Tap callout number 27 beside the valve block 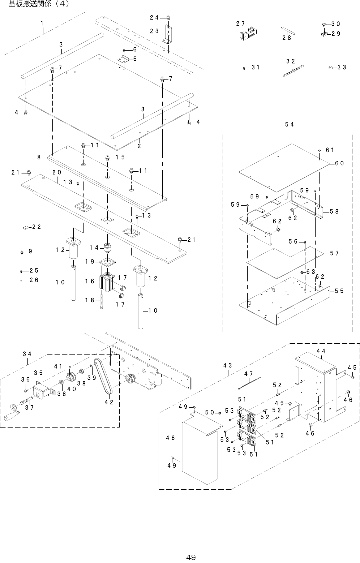(x=241, y=23)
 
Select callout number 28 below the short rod (x=287, y=38)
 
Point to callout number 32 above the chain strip (x=291, y=61)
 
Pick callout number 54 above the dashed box (x=289, y=124)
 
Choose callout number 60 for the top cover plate (x=339, y=163)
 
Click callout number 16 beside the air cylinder (x=90, y=281)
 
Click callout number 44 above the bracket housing (x=321, y=351)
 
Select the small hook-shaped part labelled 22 (x=26, y=227)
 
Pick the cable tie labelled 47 (x=249, y=383)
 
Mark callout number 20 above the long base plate (x=56, y=172)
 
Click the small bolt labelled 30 (x=324, y=25)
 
